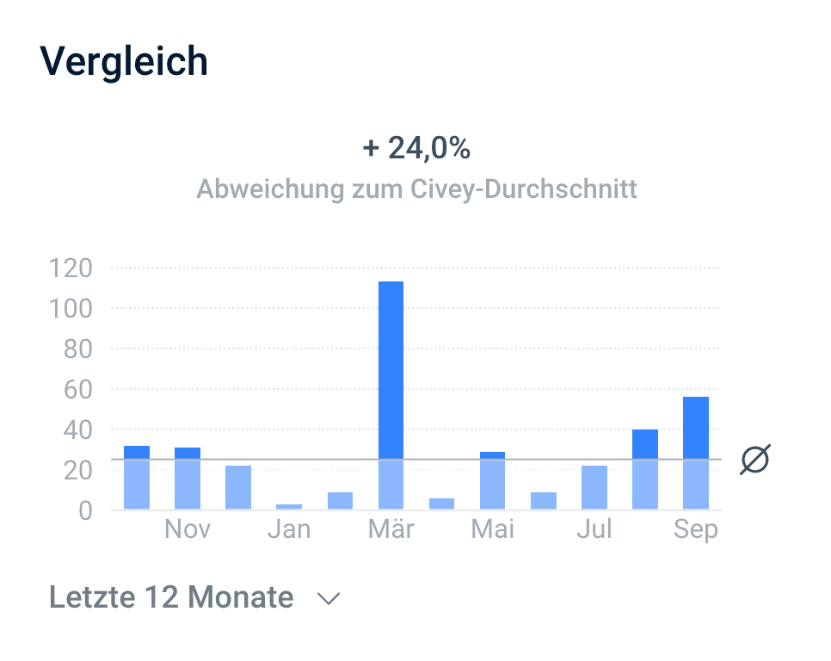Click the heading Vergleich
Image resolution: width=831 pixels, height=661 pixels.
(x=125, y=61)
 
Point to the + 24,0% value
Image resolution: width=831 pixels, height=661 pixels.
(x=416, y=149)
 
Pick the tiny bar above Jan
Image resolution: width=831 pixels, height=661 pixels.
(x=289, y=506)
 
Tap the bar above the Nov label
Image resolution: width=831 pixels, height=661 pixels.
(x=188, y=478)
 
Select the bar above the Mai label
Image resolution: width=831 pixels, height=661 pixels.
(x=492, y=479)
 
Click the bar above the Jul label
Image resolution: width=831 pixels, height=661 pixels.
(x=594, y=487)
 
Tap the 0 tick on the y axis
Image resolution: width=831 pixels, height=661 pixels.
(x=84, y=510)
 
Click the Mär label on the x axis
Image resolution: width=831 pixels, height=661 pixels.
(x=391, y=529)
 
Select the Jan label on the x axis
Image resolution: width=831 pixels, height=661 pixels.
(x=289, y=529)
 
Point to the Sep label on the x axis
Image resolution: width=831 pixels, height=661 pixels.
(x=696, y=529)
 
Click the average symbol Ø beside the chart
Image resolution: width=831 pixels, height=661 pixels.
(x=755, y=460)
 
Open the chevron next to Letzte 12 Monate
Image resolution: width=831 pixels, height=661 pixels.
(x=329, y=598)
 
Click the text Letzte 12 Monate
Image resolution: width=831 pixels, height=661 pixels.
(x=171, y=597)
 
